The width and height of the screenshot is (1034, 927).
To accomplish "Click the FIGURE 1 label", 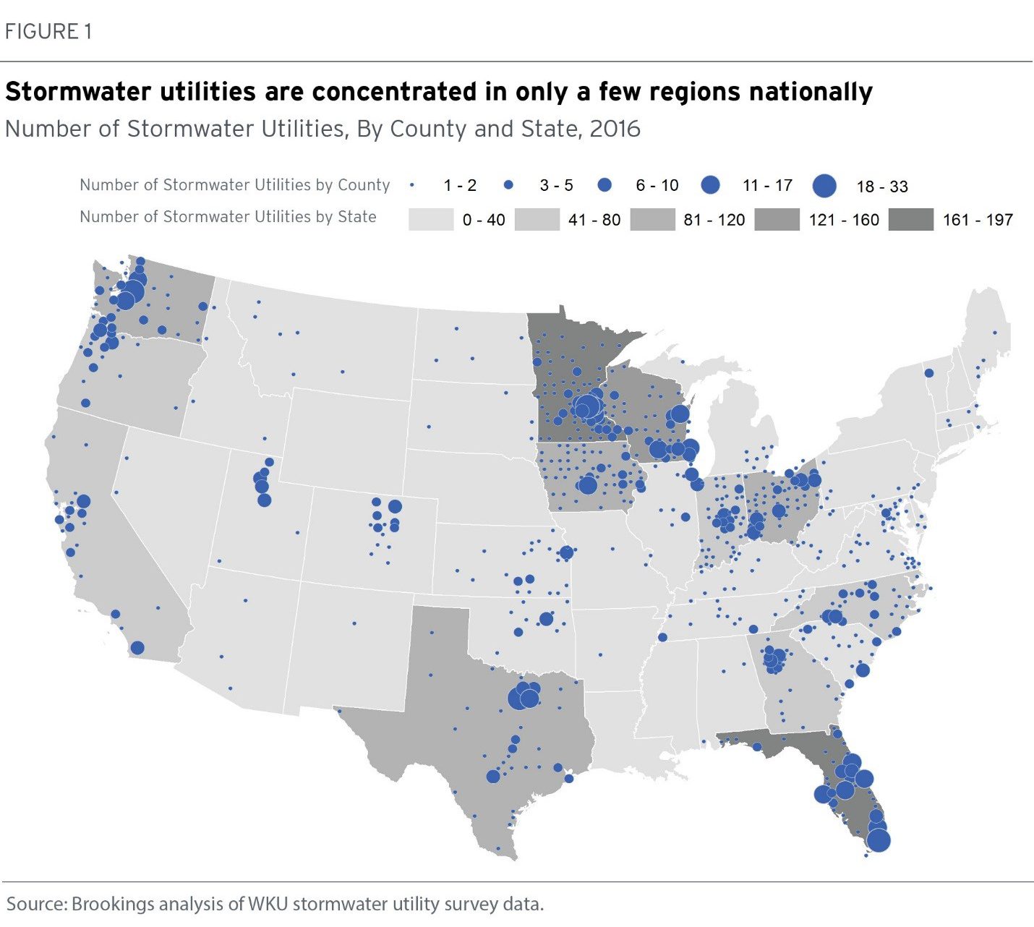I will pyautogui.click(x=48, y=32).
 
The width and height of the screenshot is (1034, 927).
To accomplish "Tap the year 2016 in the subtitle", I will pyautogui.click(x=615, y=129).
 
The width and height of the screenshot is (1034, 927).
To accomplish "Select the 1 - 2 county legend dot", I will pyautogui.click(x=412, y=186).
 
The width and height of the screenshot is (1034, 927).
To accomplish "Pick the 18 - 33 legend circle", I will pyautogui.click(x=824, y=186).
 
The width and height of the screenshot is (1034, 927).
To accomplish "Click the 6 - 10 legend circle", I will pyautogui.click(x=604, y=186).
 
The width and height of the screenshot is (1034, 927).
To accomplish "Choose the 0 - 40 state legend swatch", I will pyautogui.click(x=431, y=219).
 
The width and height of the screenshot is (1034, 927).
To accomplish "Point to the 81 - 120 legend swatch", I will pyautogui.click(x=652, y=219).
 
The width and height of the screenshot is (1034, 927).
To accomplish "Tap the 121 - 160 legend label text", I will pyautogui.click(x=844, y=220).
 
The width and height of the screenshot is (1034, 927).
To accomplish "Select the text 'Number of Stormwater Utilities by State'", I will pyautogui.click(x=228, y=217).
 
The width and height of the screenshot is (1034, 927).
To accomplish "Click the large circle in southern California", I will pyautogui.click(x=137, y=648).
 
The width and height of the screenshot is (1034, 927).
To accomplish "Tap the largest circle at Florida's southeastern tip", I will pyautogui.click(x=879, y=840).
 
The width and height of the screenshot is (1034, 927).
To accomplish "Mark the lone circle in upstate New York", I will pyautogui.click(x=929, y=373).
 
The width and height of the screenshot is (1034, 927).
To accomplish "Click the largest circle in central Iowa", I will pyautogui.click(x=588, y=484).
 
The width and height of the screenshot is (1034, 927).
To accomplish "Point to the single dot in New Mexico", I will pyautogui.click(x=354, y=623).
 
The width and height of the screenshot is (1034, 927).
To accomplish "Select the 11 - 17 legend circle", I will pyautogui.click(x=712, y=186).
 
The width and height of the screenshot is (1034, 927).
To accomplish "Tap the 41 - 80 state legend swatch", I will pyautogui.click(x=537, y=219).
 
